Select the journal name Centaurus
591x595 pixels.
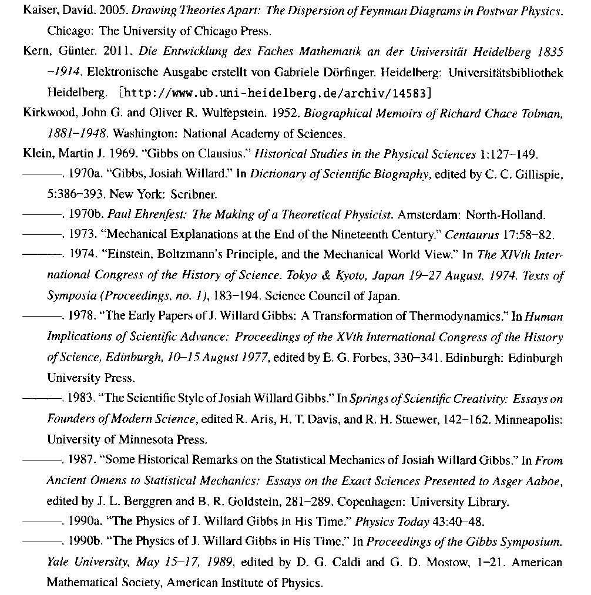click(x=469, y=236)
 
